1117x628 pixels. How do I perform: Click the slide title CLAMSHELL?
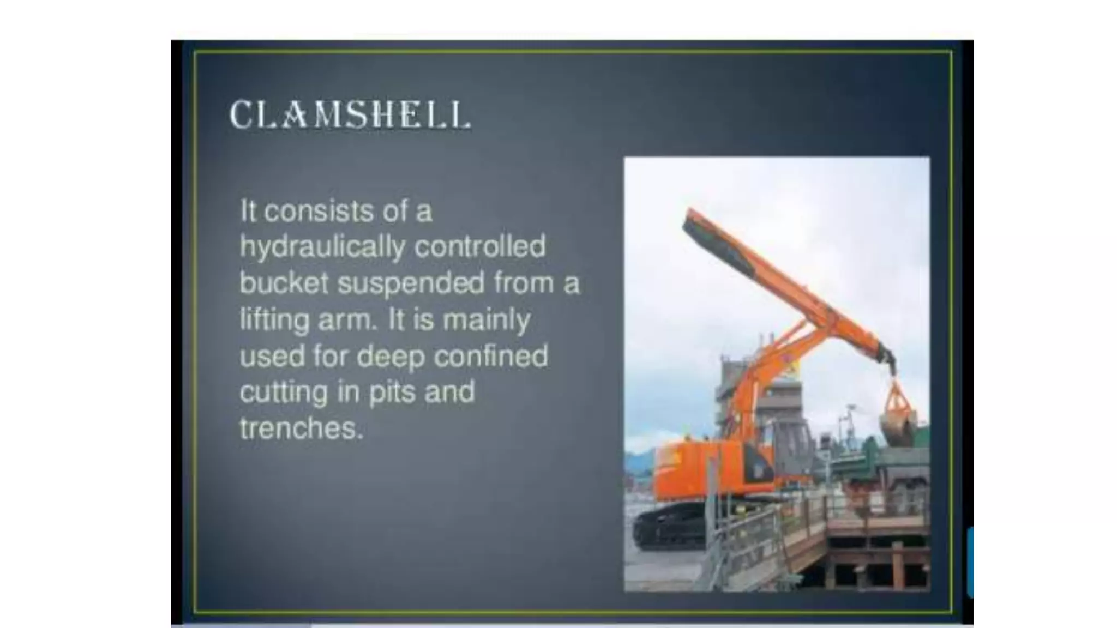(x=350, y=114)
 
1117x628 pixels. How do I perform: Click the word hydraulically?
(x=322, y=247)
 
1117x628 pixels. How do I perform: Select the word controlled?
(x=480, y=246)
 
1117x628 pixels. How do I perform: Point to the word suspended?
(x=411, y=283)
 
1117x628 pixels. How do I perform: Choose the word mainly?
(x=486, y=320)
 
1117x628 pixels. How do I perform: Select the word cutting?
(x=283, y=392)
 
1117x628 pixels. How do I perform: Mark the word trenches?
(x=301, y=428)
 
